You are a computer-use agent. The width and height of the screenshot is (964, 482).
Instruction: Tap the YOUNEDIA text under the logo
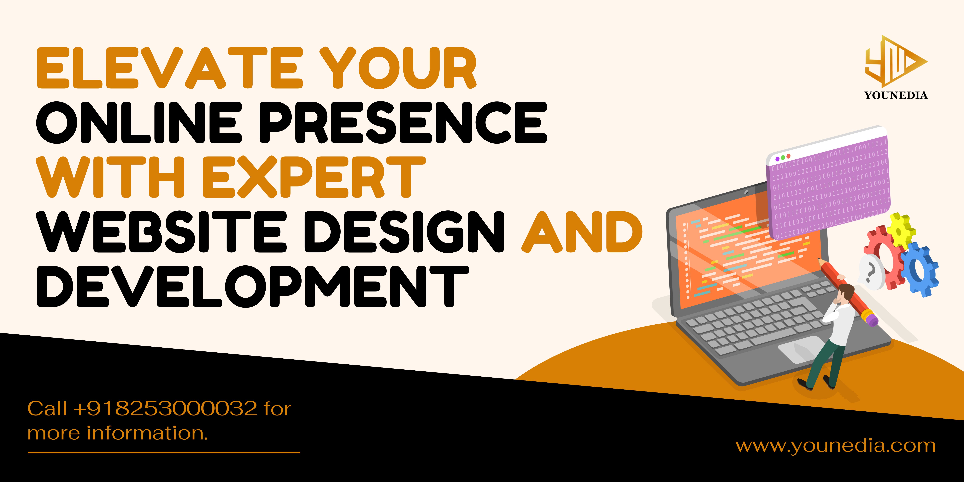[x=896, y=95]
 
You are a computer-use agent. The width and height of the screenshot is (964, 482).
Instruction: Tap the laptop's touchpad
[x=800, y=348]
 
